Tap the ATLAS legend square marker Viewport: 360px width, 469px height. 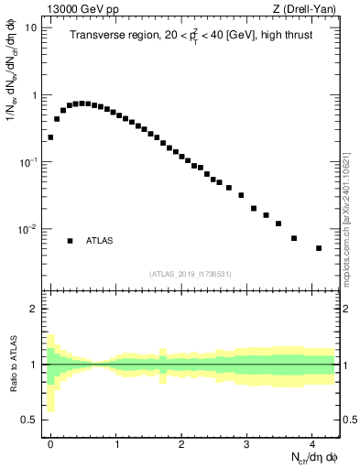click(70, 241)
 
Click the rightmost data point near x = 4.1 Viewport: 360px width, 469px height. click(319, 248)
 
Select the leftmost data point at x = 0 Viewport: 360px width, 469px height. click(50, 137)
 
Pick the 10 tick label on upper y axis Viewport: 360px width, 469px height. click(31, 27)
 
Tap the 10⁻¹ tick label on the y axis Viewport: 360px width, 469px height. click(27, 162)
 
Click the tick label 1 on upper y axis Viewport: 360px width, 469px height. click(34, 95)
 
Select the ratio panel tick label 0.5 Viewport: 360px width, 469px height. click(29, 420)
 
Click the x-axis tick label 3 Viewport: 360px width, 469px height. click(246, 442)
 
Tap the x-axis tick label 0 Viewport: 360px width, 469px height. click(50, 442)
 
